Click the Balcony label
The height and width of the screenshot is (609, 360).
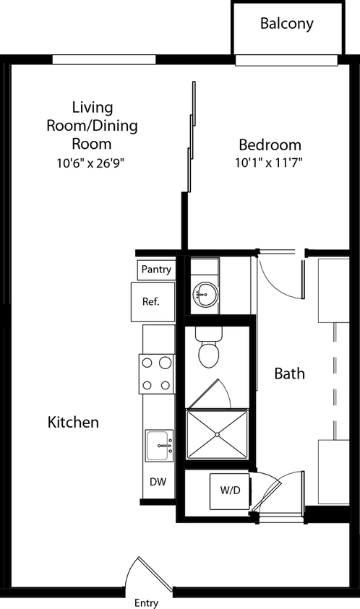pos(287,23)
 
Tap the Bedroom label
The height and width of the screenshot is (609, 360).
pos(270,144)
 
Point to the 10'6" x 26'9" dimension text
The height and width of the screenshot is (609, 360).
pos(92,163)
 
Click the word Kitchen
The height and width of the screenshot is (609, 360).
pos(73,422)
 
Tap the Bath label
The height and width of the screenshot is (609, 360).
pos(289,373)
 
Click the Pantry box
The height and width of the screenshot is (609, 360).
pos(156,269)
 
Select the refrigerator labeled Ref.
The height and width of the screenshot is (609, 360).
pos(153,302)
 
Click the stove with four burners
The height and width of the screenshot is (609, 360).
pos(157,374)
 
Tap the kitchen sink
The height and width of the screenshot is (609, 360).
pos(158,446)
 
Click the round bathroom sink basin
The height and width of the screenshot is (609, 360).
pos(205,294)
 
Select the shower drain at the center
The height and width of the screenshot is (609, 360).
pos(218,433)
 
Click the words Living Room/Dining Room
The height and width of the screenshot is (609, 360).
pos(92,125)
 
